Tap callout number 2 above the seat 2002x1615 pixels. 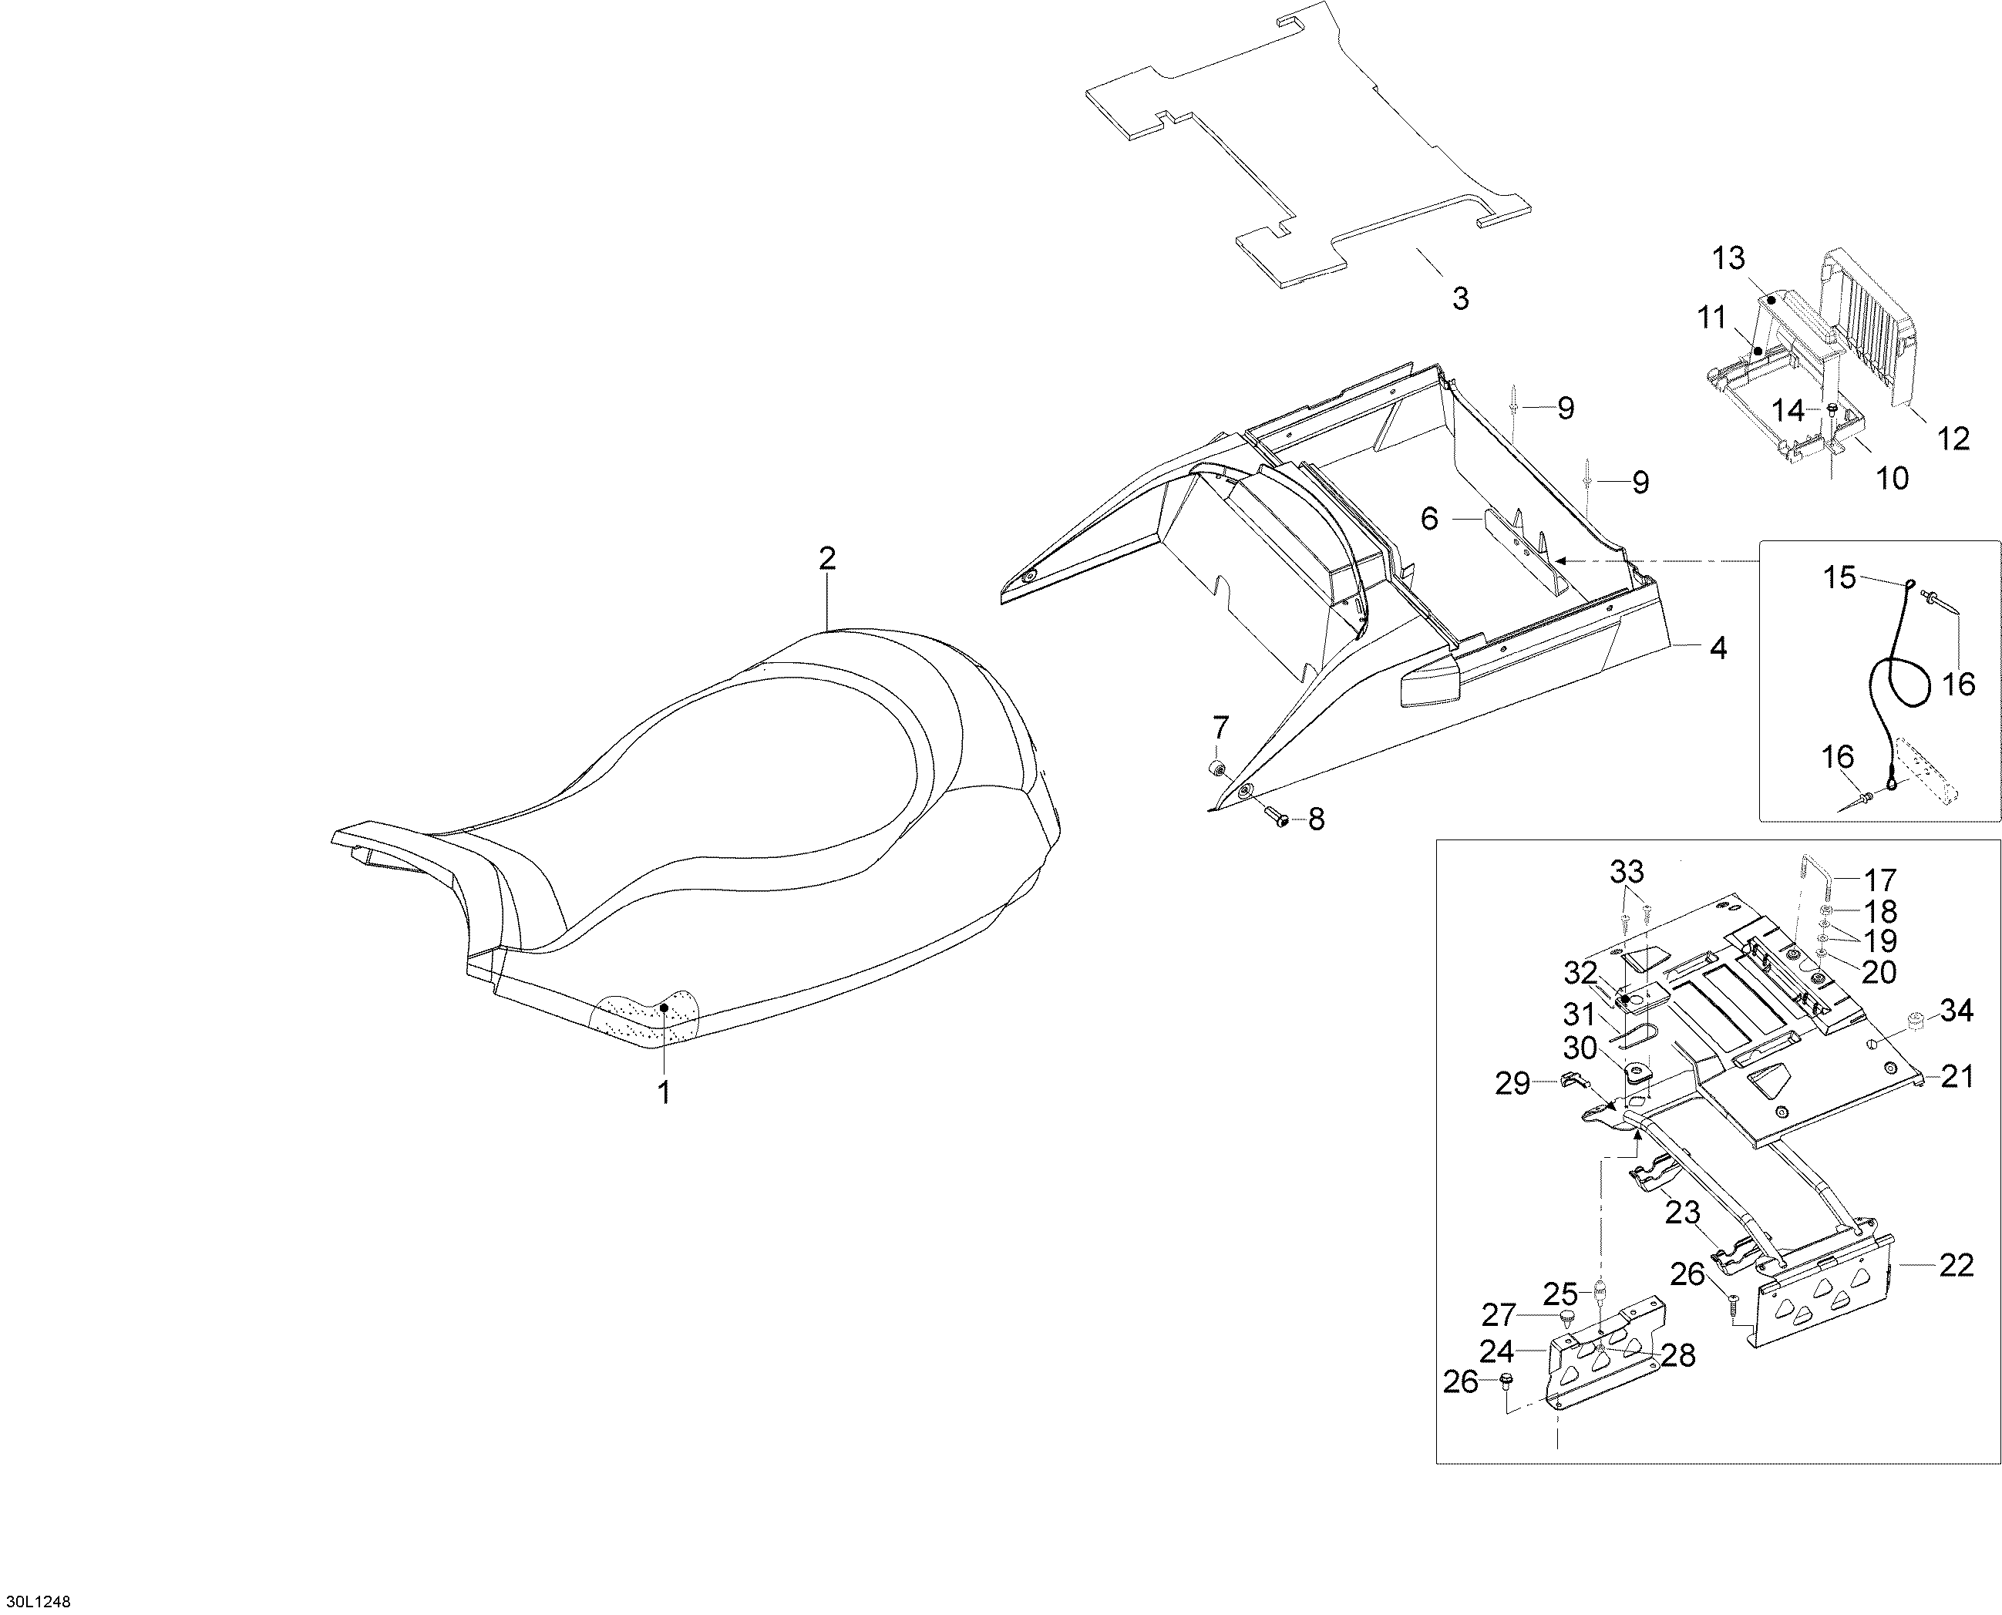pyautogui.click(x=827, y=558)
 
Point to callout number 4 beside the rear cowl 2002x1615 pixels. pyautogui.click(x=1718, y=648)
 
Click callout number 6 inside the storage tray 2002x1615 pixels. pyautogui.click(x=1430, y=518)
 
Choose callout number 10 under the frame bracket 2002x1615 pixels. pyautogui.click(x=1893, y=478)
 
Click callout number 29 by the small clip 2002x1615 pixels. pyautogui.click(x=1512, y=1083)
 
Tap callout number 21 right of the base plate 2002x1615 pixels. pyautogui.click(x=1957, y=1076)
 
